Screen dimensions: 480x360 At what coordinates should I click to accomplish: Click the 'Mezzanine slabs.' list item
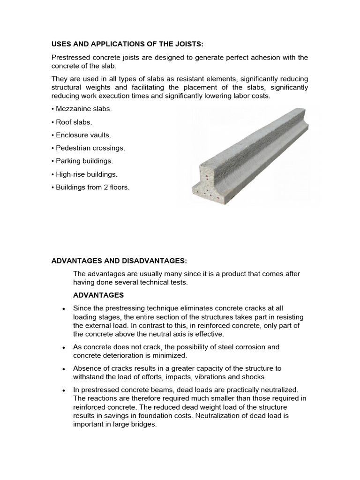point(83,109)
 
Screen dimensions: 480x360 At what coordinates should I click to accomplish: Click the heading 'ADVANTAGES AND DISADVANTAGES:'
point(121,261)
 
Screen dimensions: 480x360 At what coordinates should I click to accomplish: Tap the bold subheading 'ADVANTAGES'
point(98,295)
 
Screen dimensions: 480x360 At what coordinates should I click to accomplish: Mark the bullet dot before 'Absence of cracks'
point(63,369)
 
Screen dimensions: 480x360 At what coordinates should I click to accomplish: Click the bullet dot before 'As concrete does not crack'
point(63,347)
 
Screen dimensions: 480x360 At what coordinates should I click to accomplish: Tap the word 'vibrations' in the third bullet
point(210,376)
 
